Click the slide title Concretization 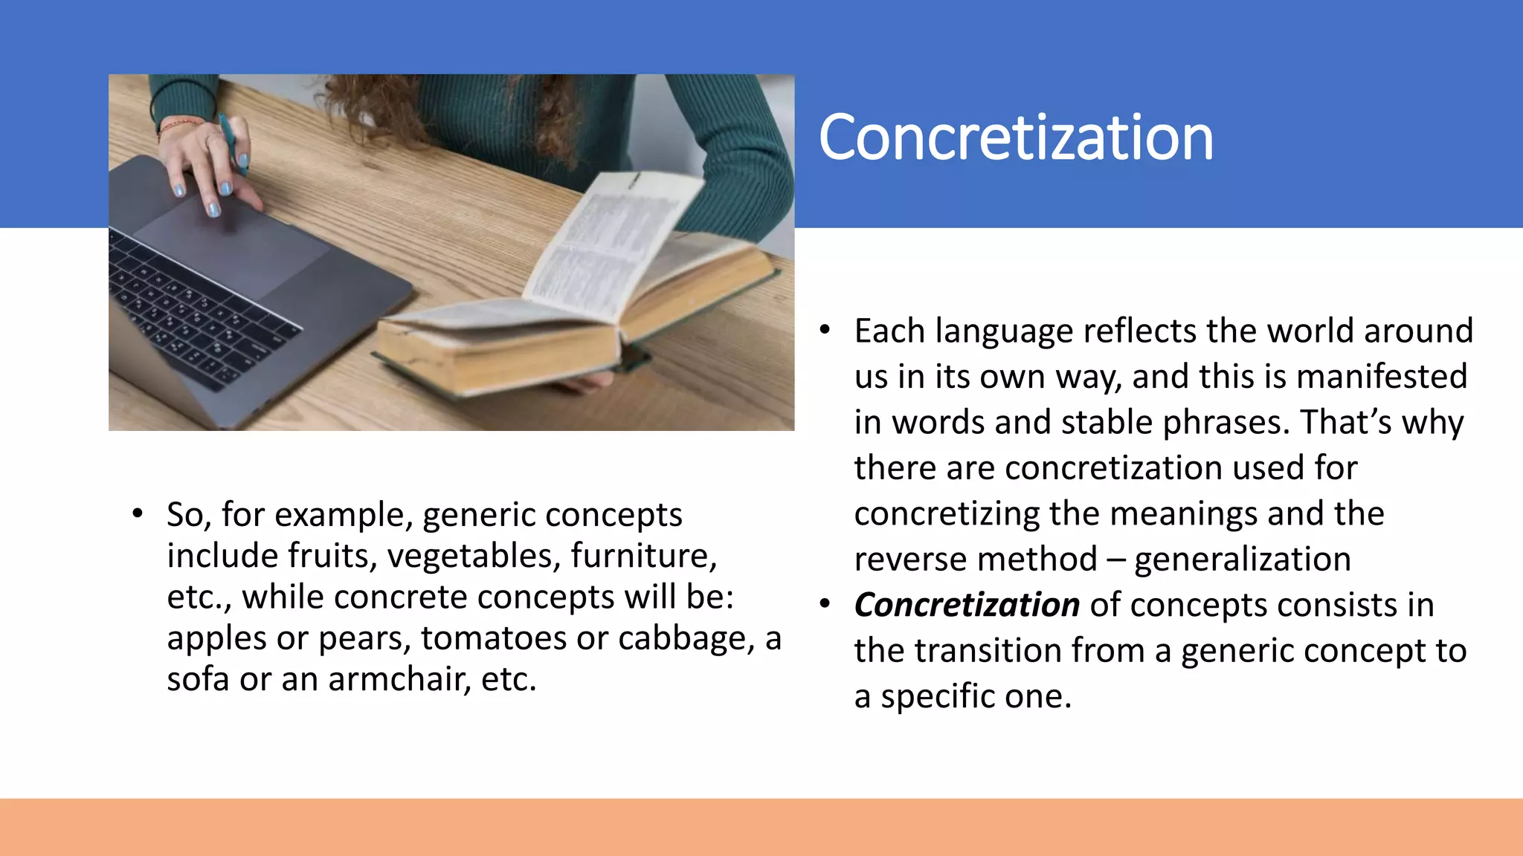1015,138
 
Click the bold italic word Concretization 966,605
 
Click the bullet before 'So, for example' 138,514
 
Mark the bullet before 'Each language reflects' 825,331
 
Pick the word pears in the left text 364,638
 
